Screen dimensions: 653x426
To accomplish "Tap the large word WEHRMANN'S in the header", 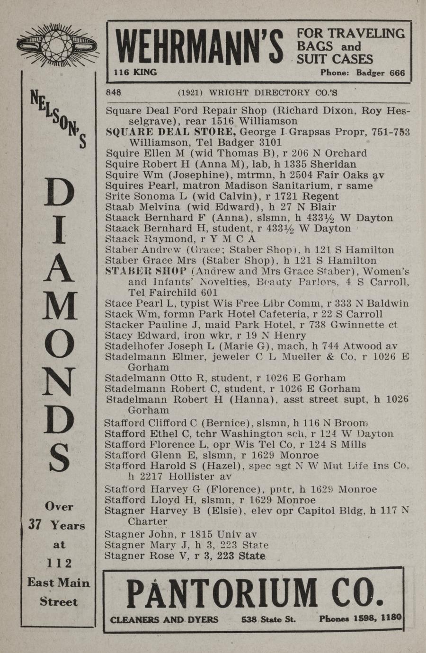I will [x=199, y=49].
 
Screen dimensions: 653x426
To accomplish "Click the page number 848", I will [x=114, y=93].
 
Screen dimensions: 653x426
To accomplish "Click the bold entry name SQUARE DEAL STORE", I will [x=170, y=132].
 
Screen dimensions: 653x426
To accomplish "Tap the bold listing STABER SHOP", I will [x=146, y=271].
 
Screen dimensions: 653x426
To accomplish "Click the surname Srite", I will [x=117, y=196].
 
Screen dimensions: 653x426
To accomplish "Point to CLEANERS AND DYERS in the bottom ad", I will [x=164, y=619].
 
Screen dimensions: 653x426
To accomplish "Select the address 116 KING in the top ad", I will [x=135, y=72].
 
